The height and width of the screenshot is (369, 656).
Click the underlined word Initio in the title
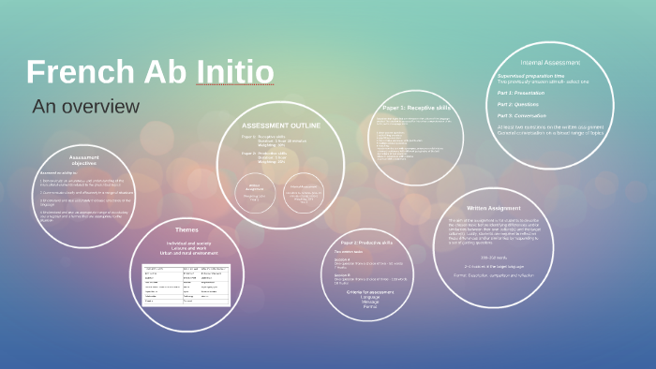pyautogui.click(x=235, y=73)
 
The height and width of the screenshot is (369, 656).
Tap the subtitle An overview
pyautogui.click(x=85, y=106)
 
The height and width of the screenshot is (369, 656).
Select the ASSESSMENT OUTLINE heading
pyautogui.click(x=281, y=125)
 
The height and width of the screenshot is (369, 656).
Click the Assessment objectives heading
pyautogui.click(x=83, y=161)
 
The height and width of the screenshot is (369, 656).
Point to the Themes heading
pyautogui.click(x=186, y=230)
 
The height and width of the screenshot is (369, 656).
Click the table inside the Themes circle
pyautogui.click(x=186, y=285)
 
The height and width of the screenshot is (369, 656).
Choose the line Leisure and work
pyautogui.click(x=187, y=247)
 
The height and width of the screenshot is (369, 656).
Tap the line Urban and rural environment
pyautogui.click(x=187, y=253)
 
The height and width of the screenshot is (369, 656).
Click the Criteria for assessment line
pyautogui.click(x=370, y=293)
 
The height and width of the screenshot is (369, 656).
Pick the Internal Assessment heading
pyautogui.click(x=542, y=64)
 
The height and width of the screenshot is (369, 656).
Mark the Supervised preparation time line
pyautogui.click(x=531, y=76)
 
